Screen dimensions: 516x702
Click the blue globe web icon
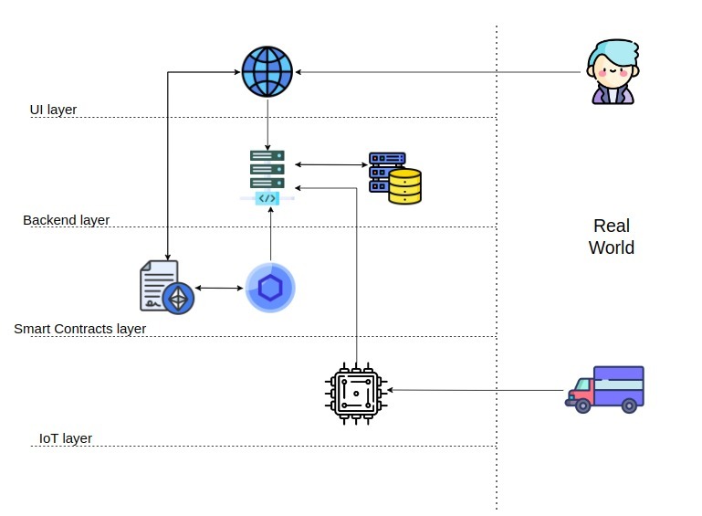[267, 71]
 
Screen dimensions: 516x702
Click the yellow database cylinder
[404, 185]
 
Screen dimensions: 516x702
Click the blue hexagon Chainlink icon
[270, 288]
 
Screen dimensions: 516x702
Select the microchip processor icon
[356, 391]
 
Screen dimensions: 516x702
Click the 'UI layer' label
[53, 110]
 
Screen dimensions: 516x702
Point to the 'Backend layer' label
[66, 220]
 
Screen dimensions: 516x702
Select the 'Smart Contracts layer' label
[79, 329]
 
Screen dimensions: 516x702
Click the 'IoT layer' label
[65, 438]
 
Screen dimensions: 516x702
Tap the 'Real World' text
[612, 237]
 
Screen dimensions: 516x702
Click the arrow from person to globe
[438, 71]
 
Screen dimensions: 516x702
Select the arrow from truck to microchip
[475, 390]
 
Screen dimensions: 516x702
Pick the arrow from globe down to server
[267, 123]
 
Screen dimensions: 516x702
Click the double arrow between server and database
[330, 164]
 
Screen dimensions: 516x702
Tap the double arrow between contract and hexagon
[219, 288]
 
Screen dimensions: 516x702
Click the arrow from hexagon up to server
[271, 233]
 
